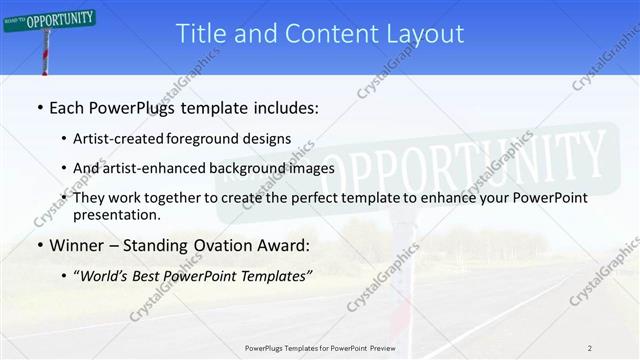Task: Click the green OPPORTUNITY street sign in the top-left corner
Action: pos(50,19)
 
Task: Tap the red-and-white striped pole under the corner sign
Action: pos(45,55)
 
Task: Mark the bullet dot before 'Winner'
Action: pos(39,245)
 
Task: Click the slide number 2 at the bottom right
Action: pos(589,348)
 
